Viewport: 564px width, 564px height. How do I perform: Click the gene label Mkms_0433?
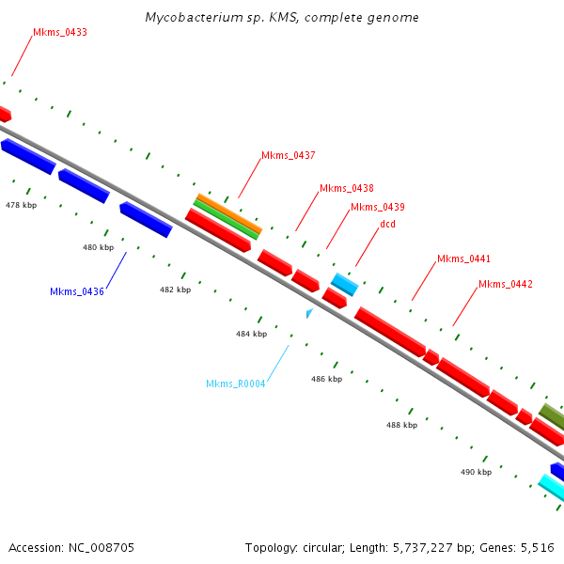pos(60,32)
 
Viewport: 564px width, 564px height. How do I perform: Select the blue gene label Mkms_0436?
pos(77,291)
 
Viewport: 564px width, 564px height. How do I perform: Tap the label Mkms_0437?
pos(289,155)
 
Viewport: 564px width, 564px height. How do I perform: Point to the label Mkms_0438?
pos(347,188)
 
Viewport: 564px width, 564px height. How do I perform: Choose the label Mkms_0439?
pos(378,207)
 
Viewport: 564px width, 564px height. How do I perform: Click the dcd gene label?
pos(387,225)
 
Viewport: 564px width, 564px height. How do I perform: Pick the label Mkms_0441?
pos(464,258)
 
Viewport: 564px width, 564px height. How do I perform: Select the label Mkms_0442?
pos(506,284)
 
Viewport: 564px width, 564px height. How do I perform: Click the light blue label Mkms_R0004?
pos(236,384)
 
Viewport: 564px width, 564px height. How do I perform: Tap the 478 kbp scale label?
pos(21,204)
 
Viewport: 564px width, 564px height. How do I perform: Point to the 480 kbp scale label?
pos(98,247)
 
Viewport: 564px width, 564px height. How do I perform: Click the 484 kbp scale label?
pos(251,334)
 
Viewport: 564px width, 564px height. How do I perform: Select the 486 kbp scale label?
pos(327,378)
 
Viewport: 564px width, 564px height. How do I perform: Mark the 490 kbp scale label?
pos(476,472)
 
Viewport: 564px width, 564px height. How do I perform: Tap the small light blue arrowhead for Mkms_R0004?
pos(309,312)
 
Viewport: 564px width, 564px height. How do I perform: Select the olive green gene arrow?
pos(552,415)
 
